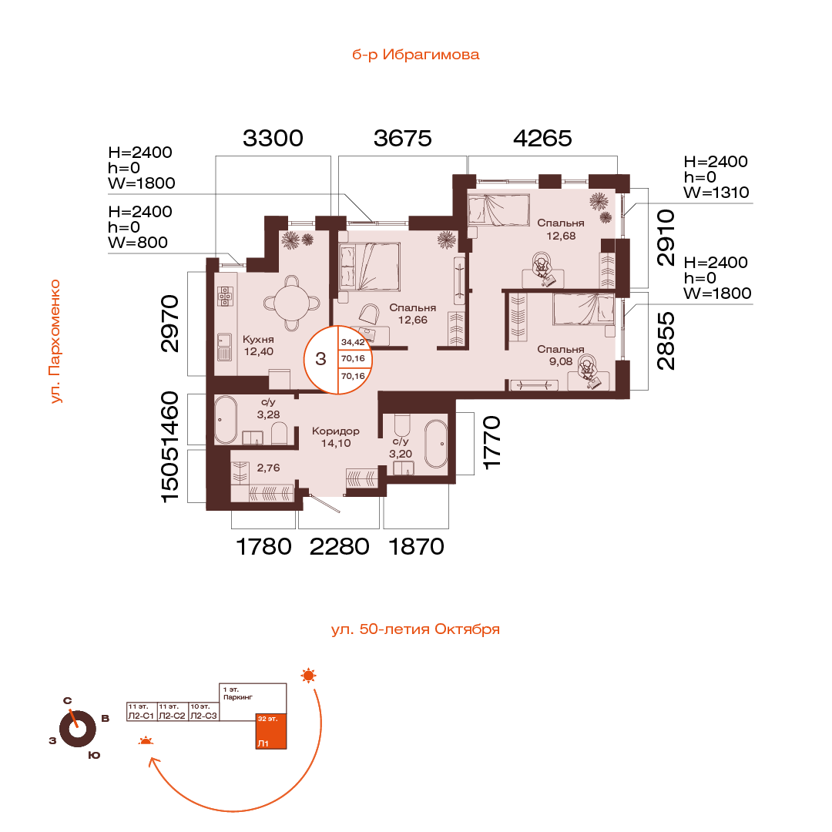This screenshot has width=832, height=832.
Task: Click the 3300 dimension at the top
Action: tap(273, 139)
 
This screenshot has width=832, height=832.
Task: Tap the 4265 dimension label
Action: tap(543, 139)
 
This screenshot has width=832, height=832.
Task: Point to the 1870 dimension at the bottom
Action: tap(416, 546)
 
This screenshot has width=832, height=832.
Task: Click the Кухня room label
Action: tap(258, 339)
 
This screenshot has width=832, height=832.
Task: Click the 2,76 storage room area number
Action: tap(268, 467)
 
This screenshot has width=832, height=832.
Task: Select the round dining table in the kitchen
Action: tap(293, 301)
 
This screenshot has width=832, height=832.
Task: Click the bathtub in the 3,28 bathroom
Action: tap(226, 420)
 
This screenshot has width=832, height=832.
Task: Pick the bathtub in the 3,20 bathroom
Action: tap(436, 444)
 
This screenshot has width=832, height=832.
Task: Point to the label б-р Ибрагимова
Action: tap(415, 55)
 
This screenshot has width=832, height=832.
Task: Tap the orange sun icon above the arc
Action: tap(309, 676)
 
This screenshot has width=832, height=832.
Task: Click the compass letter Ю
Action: tap(94, 755)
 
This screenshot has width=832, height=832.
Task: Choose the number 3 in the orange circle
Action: tap(320, 358)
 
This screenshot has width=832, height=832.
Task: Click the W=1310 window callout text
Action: tap(716, 192)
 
